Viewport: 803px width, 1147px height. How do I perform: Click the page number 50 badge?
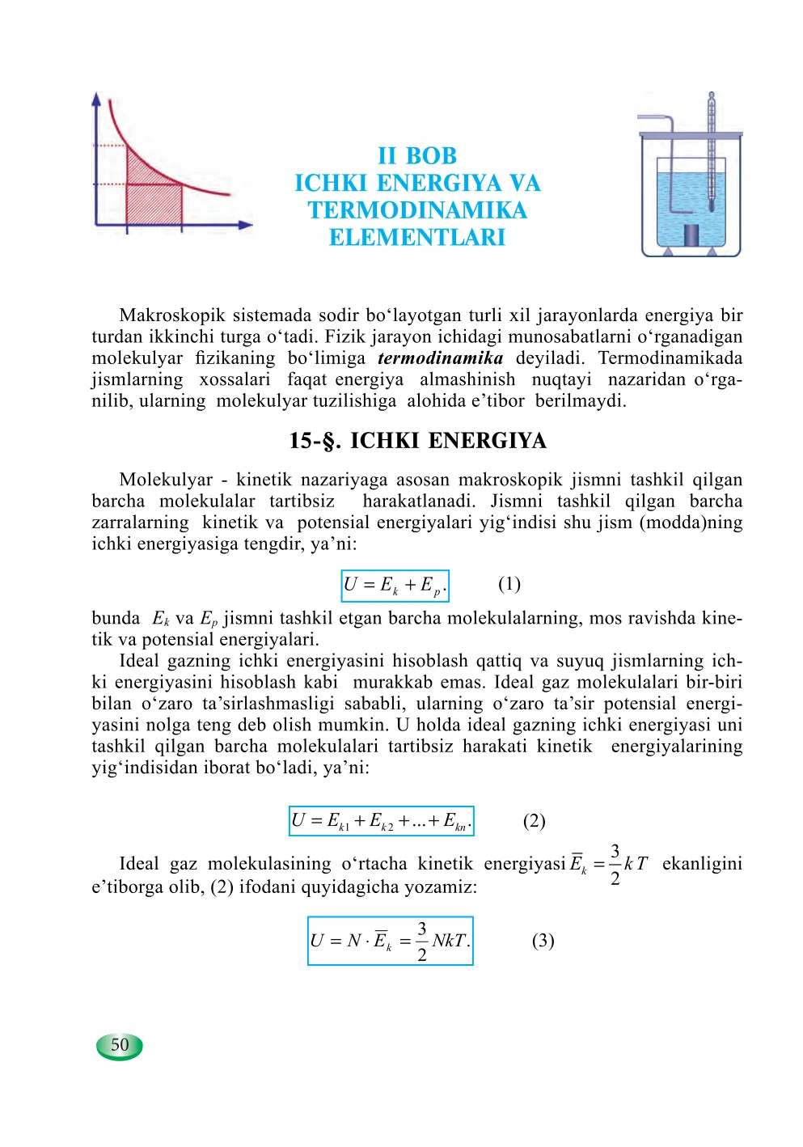point(120,1045)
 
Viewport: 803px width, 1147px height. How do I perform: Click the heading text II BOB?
point(417,156)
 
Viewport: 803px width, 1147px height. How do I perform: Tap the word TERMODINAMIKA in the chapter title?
point(417,210)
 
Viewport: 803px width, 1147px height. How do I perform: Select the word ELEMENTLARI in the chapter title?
point(417,238)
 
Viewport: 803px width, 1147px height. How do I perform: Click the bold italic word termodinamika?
point(440,358)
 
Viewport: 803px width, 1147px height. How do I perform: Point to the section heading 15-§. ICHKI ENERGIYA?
point(417,441)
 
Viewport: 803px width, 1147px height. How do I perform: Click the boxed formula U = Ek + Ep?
point(395,586)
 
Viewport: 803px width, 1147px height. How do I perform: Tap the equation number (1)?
point(509,584)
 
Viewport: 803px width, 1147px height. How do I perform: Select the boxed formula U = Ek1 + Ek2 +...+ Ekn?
point(381,821)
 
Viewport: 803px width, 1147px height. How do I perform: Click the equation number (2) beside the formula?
point(534,821)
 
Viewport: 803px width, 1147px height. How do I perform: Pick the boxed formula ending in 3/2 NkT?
point(390,941)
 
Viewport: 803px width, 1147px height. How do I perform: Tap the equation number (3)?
point(543,941)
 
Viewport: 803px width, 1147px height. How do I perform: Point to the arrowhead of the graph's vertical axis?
point(97,98)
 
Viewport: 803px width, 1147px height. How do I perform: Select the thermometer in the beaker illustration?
point(711,154)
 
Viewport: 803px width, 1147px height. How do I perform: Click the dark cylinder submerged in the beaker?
point(691,235)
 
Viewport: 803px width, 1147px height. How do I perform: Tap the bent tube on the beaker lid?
point(659,120)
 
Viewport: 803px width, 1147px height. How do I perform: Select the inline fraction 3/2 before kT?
point(615,864)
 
